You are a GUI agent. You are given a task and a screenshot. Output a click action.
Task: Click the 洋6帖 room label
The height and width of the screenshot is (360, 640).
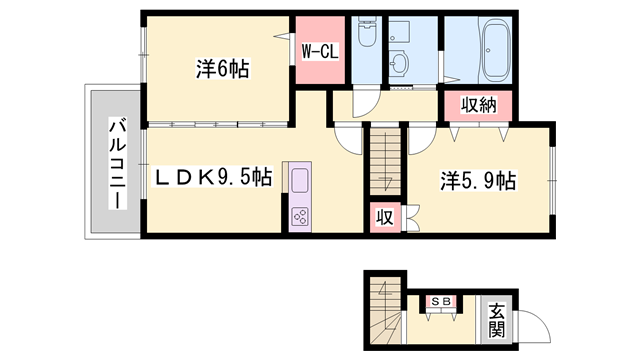pyautogui.click(x=222, y=70)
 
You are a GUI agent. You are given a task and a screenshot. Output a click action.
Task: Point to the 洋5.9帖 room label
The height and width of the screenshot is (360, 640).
pyautogui.click(x=479, y=181)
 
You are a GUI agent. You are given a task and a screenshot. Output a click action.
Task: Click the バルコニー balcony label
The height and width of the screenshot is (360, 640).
pyautogui.click(x=116, y=163)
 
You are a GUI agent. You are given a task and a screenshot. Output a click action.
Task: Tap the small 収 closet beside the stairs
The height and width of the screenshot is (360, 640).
pyautogui.click(x=383, y=216)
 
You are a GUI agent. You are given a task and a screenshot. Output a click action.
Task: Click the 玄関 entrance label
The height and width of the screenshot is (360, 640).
pyautogui.click(x=496, y=321)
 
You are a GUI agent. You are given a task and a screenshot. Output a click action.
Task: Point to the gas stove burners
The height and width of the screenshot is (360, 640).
pyautogui.click(x=300, y=216)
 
